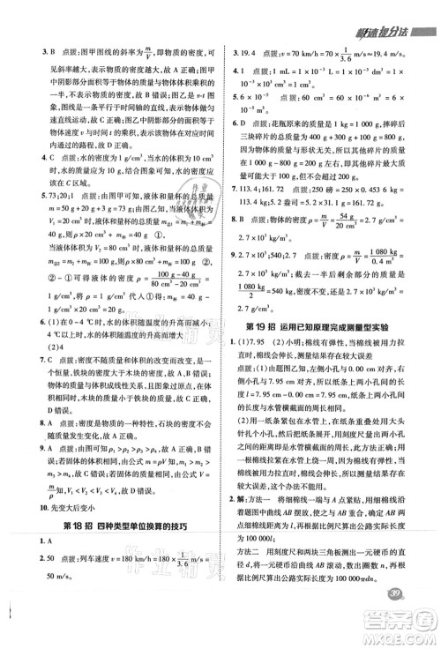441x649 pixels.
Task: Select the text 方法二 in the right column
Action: (250, 575)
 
